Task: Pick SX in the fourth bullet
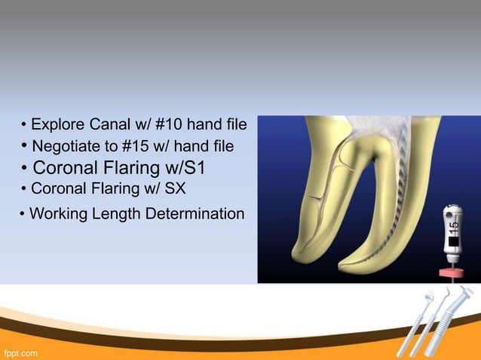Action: (173, 188)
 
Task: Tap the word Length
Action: (115, 215)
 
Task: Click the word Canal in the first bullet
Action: (112, 123)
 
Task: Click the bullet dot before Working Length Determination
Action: (23, 215)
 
